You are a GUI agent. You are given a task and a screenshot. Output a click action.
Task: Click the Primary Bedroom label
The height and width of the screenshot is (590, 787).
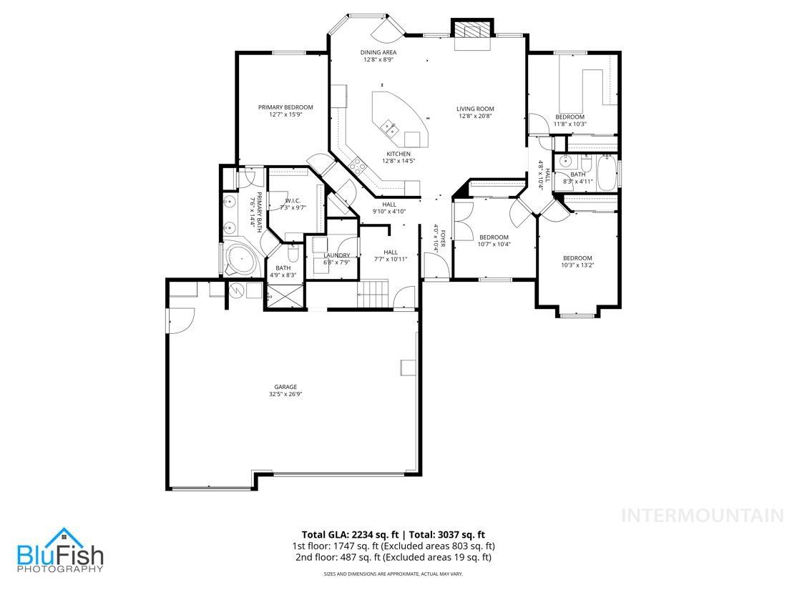coord(285,107)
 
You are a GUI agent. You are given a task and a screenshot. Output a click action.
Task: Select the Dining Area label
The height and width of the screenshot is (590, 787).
coord(378,52)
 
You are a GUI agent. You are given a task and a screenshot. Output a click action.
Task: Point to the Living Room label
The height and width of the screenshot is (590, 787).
coord(475,109)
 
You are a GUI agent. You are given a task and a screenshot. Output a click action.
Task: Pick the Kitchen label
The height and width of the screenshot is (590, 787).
coord(399,154)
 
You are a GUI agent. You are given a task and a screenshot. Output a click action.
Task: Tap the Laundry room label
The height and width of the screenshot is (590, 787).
coord(336,255)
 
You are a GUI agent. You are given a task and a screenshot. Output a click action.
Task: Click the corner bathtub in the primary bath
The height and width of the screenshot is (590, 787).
coord(239,259)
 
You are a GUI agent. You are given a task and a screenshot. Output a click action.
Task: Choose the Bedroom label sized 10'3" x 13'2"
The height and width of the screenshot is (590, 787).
coord(577,258)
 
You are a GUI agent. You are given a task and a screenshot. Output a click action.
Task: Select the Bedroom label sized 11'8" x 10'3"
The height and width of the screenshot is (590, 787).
coord(570,117)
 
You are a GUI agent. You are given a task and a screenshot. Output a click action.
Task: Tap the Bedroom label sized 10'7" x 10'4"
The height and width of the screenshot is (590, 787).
coord(494,237)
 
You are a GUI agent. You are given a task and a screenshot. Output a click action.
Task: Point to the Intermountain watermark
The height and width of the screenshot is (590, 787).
coord(702,515)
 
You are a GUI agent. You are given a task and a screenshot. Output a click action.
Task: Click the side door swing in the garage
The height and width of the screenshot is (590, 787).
coord(182,319)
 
